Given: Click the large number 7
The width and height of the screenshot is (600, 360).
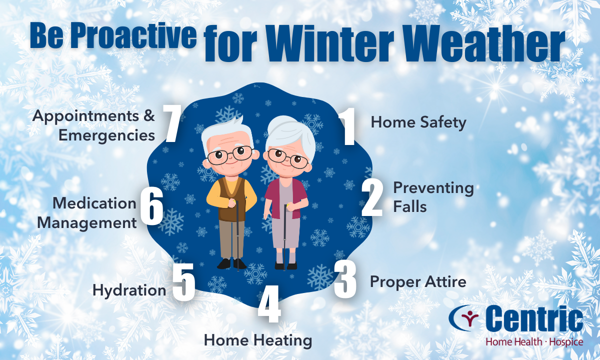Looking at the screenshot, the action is (x=172, y=123).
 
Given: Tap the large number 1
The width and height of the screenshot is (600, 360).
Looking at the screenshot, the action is (x=347, y=126).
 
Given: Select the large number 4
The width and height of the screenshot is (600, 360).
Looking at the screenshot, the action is (x=269, y=304).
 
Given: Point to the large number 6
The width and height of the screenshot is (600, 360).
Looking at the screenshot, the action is (x=151, y=206).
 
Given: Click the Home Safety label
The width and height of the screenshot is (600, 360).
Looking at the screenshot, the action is (x=418, y=122).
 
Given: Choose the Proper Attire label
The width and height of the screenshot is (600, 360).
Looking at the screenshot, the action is (x=418, y=282).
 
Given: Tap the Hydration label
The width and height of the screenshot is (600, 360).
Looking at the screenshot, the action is (x=129, y=290).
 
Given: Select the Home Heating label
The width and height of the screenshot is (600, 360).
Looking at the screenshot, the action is (x=258, y=341).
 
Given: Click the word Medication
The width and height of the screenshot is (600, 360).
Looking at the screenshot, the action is (x=94, y=203).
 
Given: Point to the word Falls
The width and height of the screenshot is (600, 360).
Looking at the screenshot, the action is (x=410, y=207).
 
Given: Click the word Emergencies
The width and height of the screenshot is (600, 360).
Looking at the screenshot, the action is (x=107, y=135).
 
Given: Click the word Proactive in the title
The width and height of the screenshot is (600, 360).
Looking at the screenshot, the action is (x=133, y=35).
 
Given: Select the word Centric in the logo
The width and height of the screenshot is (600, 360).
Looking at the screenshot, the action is (x=534, y=319).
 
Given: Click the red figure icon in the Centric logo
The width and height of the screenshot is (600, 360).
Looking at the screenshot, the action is (x=470, y=319).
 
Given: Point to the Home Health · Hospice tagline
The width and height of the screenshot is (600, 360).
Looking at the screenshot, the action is (x=534, y=342).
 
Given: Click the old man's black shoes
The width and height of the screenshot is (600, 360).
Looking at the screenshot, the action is (x=231, y=264).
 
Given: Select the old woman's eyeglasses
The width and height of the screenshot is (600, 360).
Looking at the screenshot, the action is (x=288, y=158).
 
